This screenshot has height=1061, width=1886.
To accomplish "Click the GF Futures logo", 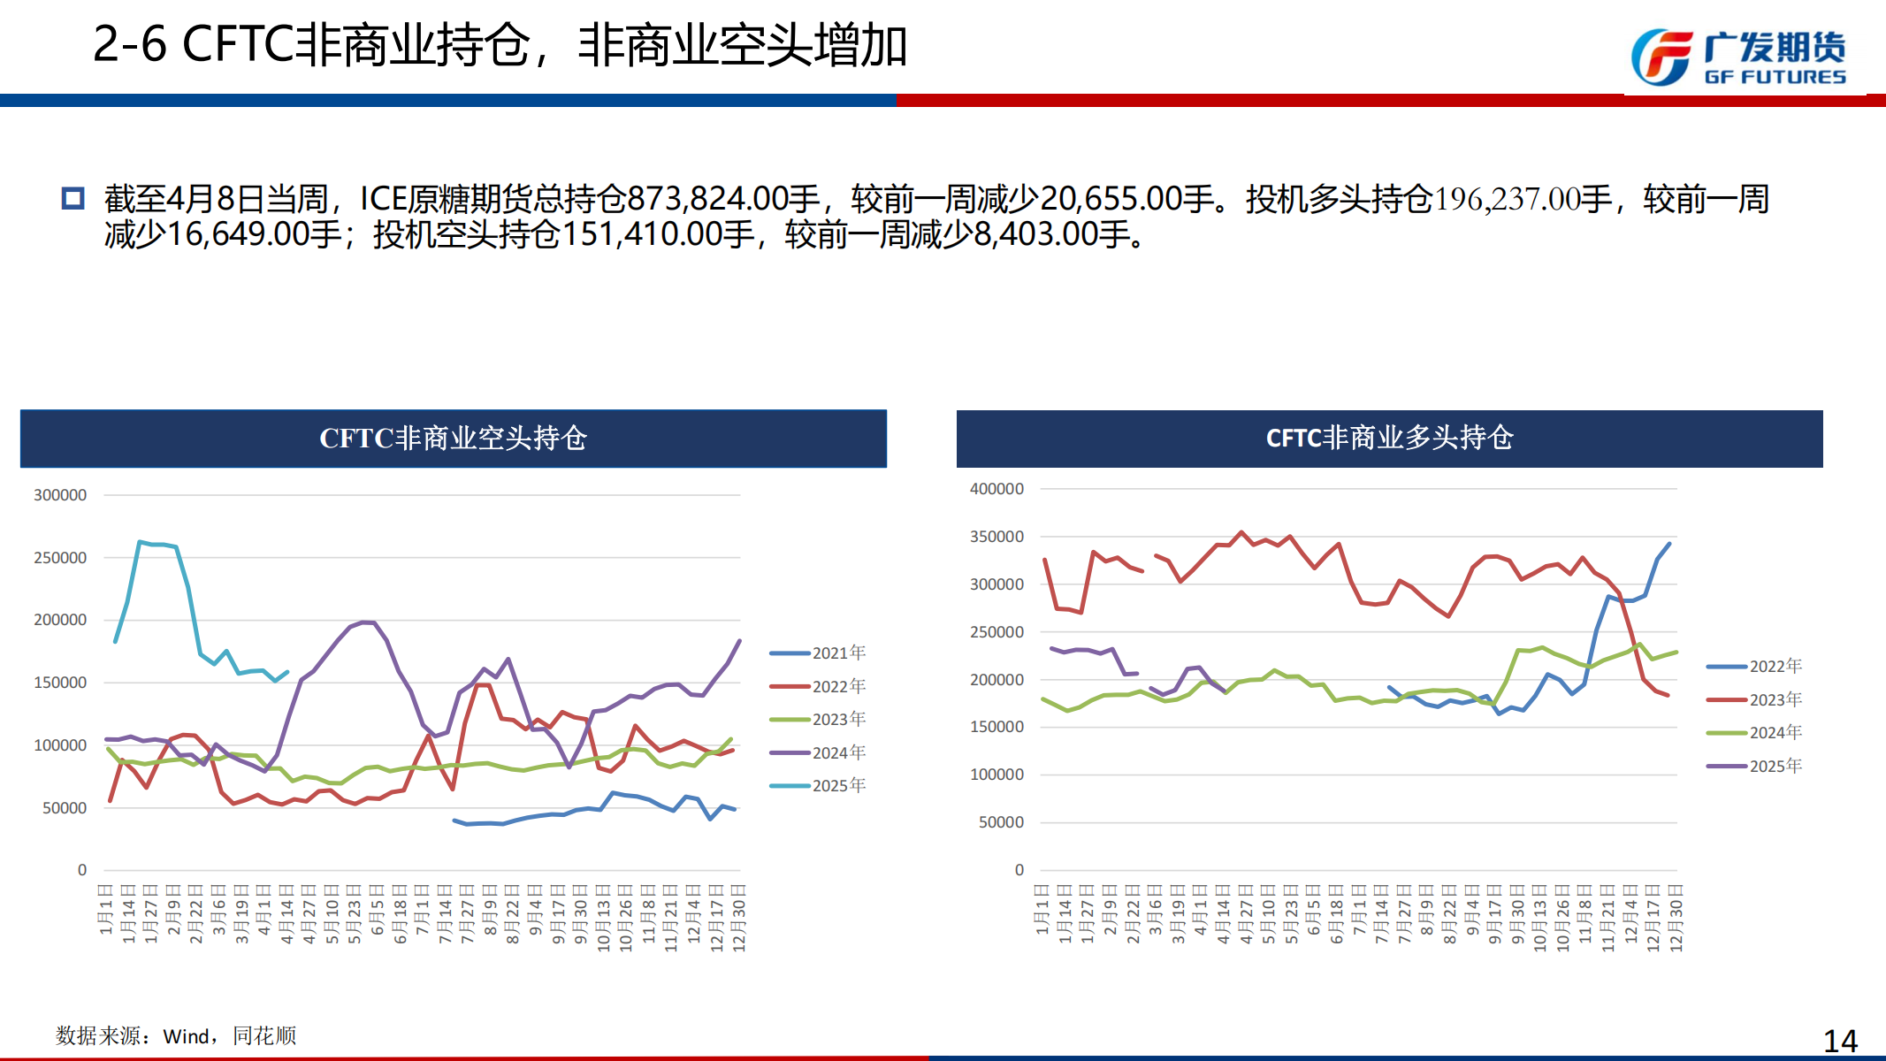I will (x=1737, y=57).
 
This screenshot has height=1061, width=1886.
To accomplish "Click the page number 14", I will (x=1840, y=1041).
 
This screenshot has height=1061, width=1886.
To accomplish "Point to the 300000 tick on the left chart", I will (x=60, y=495).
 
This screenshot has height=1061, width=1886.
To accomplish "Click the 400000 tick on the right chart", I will (x=996, y=489).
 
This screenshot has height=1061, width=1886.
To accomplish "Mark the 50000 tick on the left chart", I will (x=64, y=808).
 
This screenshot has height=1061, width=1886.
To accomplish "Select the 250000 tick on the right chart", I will (x=996, y=632).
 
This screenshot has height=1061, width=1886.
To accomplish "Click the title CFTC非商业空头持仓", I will (x=453, y=438).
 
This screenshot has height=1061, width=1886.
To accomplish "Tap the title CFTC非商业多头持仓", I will (x=1389, y=438).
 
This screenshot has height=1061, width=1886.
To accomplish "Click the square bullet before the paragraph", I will (x=73, y=198).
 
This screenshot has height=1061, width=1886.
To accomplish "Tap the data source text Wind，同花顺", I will (x=229, y=1035).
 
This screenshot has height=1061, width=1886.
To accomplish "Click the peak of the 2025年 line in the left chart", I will (x=140, y=542).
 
